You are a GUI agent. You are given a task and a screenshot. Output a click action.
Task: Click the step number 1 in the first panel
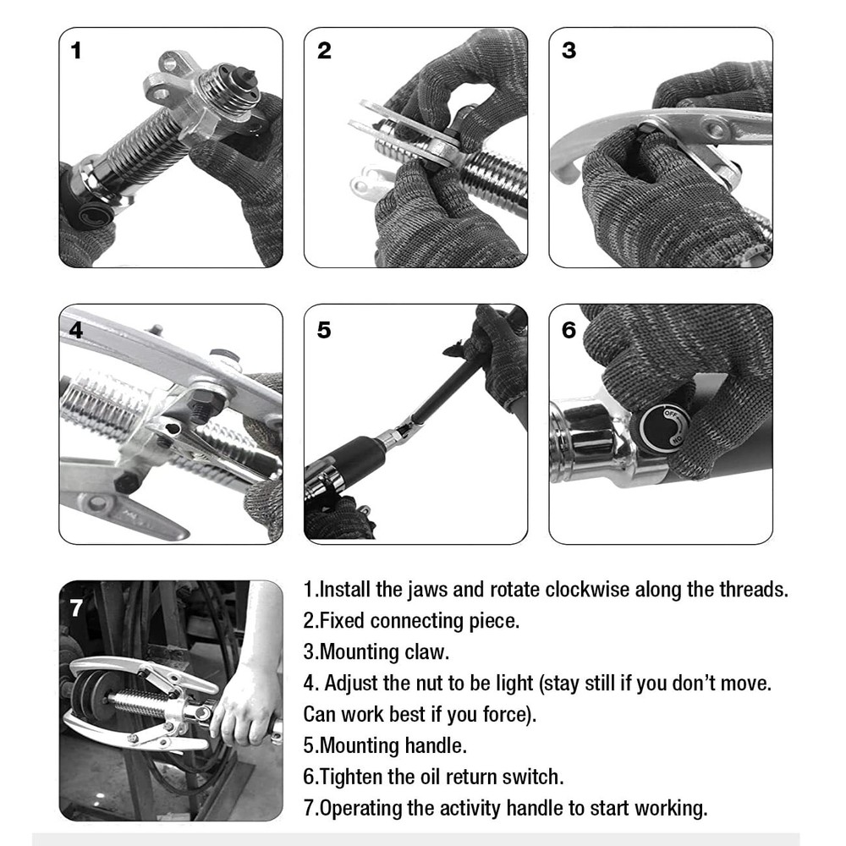point(76,51)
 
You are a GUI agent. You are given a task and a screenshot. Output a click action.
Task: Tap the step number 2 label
point(324,51)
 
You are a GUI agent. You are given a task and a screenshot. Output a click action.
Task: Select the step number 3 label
point(569,51)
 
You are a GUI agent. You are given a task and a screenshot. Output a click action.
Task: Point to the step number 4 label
point(76,330)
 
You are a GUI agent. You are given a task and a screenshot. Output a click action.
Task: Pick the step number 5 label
point(324,330)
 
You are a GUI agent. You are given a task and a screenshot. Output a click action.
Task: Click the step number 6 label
point(569,330)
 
